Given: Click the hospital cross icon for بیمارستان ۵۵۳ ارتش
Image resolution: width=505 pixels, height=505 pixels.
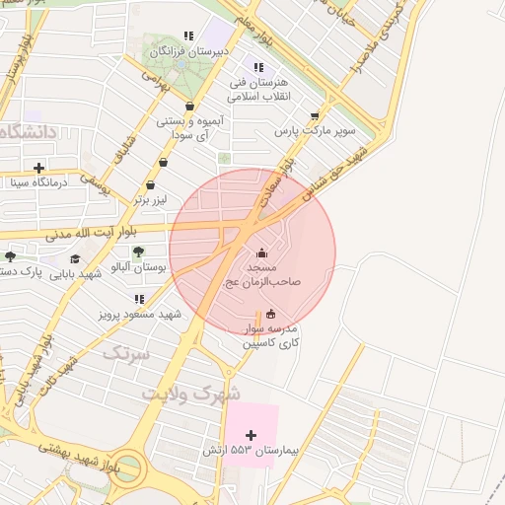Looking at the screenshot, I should pyautogui.click(x=251, y=435).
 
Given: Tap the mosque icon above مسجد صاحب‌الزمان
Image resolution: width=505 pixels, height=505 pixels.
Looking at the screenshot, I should pyautogui.click(x=261, y=252).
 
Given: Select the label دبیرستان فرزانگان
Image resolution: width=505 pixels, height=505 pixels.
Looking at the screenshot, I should pyautogui.click(x=194, y=49).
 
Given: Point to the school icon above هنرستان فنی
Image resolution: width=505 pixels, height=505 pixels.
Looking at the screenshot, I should pyautogui.click(x=258, y=67).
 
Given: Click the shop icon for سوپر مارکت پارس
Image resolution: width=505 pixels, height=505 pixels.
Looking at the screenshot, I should pyautogui.click(x=315, y=115).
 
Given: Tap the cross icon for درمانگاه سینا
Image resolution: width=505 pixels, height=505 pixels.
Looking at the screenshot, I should pyautogui.click(x=38, y=168).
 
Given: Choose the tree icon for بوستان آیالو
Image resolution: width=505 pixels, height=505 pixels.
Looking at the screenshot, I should pyautogui.click(x=137, y=252).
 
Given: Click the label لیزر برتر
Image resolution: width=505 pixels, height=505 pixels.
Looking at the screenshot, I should pyautogui.click(x=152, y=199).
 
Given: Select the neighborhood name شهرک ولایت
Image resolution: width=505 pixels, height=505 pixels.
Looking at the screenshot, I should pyautogui.click(x=191, y=393).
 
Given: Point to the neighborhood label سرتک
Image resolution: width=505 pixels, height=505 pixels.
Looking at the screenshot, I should pyautogui.click(x=127, y=352).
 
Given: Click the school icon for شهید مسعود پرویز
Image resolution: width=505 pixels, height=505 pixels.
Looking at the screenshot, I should pyautogui.click(x=139, y=299).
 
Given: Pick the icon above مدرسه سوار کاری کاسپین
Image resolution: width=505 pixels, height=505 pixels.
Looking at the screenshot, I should pyautogui.click(x=272, y=315).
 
